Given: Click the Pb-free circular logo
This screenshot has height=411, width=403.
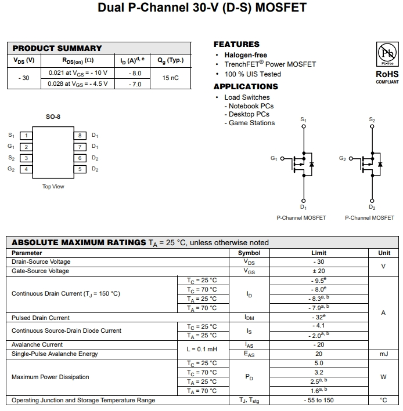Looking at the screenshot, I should click(387, 55).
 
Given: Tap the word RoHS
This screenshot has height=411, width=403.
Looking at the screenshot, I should click(387, 74).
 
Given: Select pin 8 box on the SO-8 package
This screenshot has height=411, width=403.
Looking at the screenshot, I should click(82, 135).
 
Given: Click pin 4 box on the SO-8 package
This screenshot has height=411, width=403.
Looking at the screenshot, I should click(26, 169).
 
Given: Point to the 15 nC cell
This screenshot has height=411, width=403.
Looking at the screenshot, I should click(170, 78).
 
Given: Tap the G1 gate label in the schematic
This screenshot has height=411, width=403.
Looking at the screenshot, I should click(274, 158).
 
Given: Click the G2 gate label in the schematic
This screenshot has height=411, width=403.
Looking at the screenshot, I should click(343, 158).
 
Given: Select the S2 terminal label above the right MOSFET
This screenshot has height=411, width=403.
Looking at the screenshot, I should click(372, 119).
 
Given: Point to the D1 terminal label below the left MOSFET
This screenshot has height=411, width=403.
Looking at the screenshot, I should click(303, 207).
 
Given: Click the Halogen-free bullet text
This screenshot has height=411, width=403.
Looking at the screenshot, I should click(246, 55).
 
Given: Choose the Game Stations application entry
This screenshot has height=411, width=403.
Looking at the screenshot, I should click(251, 123).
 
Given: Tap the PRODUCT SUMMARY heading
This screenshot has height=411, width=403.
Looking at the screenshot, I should click(57, 48).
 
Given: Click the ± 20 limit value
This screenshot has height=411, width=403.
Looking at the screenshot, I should click(319, 271).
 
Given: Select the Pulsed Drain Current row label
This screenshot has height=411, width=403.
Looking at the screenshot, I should click(41, 318).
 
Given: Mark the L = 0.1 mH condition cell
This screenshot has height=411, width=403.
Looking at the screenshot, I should click(201, 349).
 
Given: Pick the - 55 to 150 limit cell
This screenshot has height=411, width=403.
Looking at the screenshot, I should click(319, 400).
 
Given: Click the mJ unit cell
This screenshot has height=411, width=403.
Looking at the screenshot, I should click(384, 354).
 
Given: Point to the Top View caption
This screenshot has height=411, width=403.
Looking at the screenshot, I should click(53, 187).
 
